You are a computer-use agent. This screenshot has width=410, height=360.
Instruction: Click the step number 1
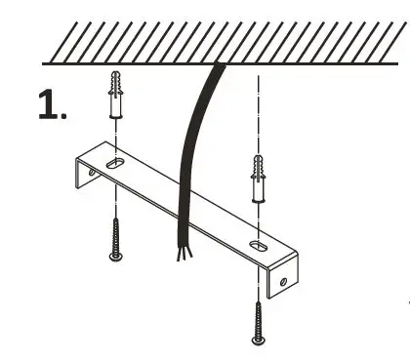click(x=48, y=104)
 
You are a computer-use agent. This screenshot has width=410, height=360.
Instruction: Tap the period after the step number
click(x=64, y=116)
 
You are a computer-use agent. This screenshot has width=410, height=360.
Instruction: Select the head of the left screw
click(x=115, y=257)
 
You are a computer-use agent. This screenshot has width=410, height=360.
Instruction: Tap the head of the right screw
click(x=258, y=339)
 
